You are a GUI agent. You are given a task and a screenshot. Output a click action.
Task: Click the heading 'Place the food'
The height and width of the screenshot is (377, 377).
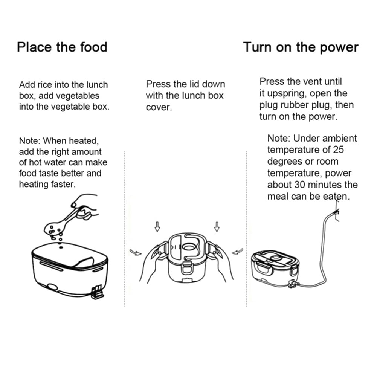point(62,47)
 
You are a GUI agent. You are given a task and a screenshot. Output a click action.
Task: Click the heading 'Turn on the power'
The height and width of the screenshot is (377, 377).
point(301,47)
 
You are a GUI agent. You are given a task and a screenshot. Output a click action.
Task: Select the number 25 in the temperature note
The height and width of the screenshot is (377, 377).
point(338,150)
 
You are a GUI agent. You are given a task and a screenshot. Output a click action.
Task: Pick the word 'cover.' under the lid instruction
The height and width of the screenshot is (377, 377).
point(159,107)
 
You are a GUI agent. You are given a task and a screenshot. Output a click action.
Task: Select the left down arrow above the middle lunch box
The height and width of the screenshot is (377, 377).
point(157,227)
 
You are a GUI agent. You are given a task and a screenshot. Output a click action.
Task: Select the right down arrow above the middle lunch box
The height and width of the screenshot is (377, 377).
point(217,227)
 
